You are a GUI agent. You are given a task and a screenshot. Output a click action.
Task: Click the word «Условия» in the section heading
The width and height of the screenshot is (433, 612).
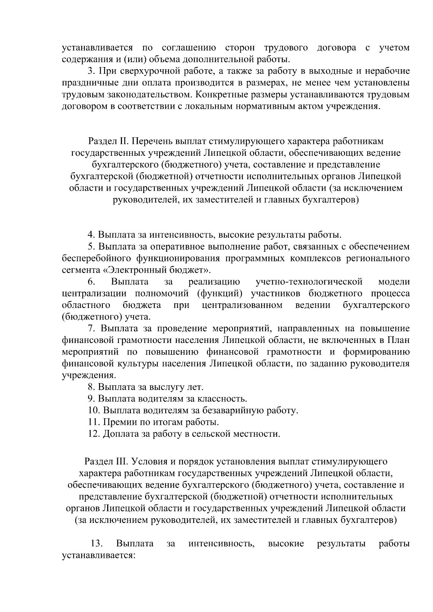pos(150,462)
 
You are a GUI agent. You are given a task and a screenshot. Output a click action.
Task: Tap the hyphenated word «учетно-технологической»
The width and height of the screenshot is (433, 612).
pos(309,282)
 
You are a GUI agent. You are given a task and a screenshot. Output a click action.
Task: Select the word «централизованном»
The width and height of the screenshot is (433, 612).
pos(242,305)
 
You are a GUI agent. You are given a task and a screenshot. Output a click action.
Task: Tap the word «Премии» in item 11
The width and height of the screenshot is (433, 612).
pos(118,422)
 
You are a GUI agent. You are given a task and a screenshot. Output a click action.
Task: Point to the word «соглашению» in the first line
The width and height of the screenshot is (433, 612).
pos(189,48)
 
